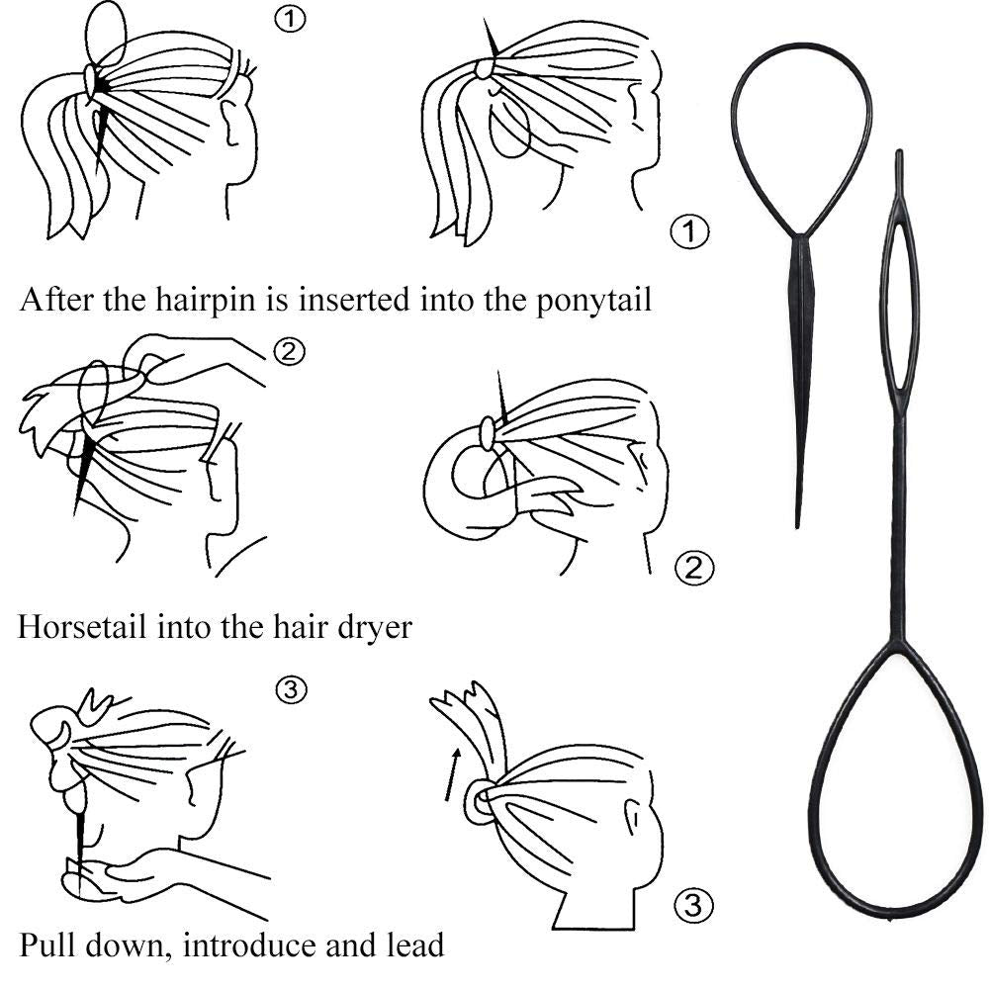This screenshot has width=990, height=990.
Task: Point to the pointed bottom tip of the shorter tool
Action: point(797,519)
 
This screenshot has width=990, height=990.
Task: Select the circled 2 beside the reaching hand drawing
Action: point(289,350)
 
